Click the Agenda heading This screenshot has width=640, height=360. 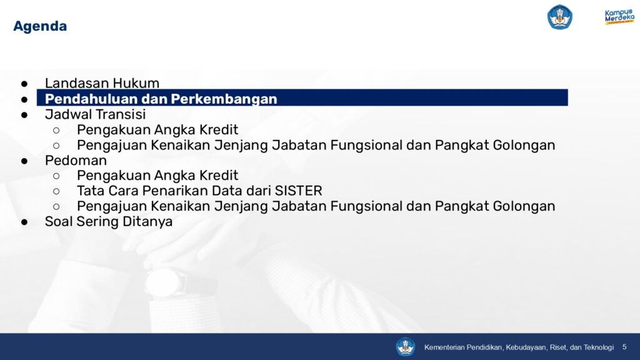click(x=40, y=26)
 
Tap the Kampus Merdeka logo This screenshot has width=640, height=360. click(x=619, y=17)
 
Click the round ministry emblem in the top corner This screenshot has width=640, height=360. click(x=559, y=17)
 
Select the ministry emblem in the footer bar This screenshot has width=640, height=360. click(x=405, y=347)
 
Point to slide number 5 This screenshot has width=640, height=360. click(x=624, y=346)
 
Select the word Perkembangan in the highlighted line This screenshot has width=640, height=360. click(x=224, y=99)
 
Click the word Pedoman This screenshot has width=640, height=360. click(x=76, y=161)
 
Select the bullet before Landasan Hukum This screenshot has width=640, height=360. click(x=24, y=84)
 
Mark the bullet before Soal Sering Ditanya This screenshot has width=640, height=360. click(x=24, y=222)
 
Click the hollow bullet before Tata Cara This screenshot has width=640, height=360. click(x=56, y=191)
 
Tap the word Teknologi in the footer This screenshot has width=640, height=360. click(x=598, y=347)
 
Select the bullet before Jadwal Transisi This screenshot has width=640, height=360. click(x=24, y=115)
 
